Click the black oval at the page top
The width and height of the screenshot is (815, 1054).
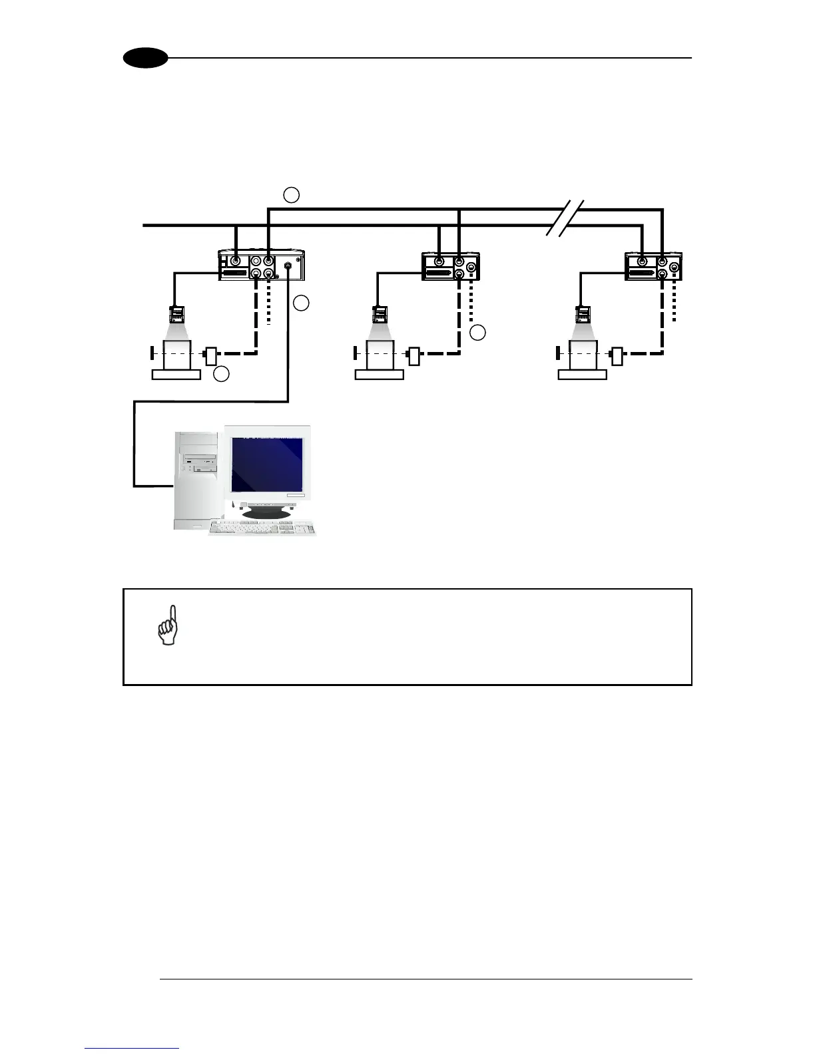pyautogui.click(x=145, y=58)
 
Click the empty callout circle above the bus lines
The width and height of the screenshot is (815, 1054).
pyautogui.click(x=291, y=195)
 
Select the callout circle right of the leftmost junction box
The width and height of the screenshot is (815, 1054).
pyautogui.click(x=301, y=303)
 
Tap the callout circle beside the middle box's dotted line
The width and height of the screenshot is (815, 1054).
pyautogui.click(x=477, y=333)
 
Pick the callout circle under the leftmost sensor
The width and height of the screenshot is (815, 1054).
pyautogui.click(x=222, y=375)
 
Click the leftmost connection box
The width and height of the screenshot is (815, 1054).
pyautogui.click(x=262, y=265)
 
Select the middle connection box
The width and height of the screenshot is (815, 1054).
pyautogui.click(x=451, y=266)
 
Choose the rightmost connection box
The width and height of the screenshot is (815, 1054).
pyautogui.click(x=654, y=266)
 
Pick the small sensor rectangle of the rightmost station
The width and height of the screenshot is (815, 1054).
pyautogui.click(x=617, y=356)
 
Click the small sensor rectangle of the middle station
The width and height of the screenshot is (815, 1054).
pyautogui.click(x=414, y=356)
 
